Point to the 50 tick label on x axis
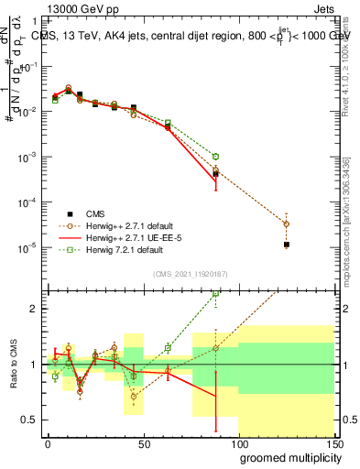click(143, 443)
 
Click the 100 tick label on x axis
click(238, 443)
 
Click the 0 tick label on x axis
click(48, 443)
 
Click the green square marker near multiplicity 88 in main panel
click(215, 157)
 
